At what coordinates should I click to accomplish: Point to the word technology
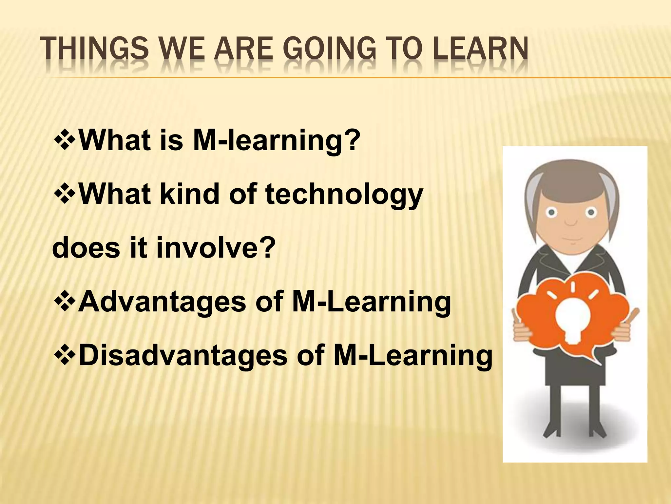pos(344,194)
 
